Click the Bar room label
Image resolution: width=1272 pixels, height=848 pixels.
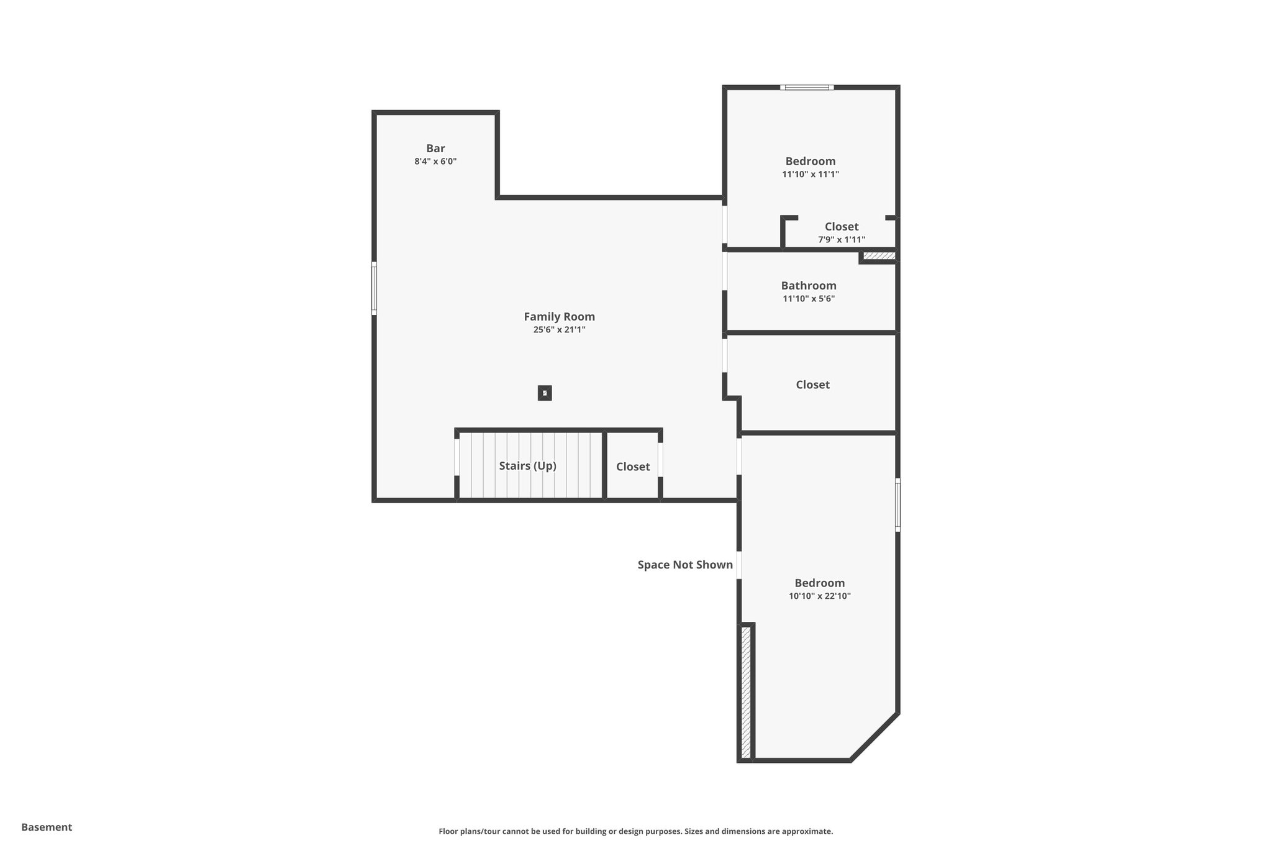coord(435,148)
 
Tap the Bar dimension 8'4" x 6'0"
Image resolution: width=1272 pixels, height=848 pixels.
coord(435,162)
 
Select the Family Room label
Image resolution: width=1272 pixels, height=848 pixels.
coord(559,317)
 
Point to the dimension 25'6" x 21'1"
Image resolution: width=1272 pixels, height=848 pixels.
coord(559,330)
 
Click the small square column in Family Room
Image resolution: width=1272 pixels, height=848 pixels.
coord(545,393)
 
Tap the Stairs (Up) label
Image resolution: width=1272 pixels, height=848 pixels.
coord(527,466)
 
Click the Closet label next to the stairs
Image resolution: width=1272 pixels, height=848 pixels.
coord(633,467)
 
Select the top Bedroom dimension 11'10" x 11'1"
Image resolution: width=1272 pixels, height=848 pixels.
coord(810,175)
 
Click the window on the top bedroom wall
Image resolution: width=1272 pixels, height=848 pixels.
coord(807,88)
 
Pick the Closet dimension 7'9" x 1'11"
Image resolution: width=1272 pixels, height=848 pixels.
coord(841,240)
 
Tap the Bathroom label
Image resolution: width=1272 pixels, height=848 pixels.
coord(809,286)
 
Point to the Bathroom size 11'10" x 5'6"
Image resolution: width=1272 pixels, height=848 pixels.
coord(809,299)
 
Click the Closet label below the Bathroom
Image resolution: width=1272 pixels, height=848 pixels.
coord(812,385)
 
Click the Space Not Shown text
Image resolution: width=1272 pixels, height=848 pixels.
coord(685,565)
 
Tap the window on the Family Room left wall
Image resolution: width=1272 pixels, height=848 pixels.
coord(374,288)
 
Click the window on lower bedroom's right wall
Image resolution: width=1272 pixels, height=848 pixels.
coord(897,504)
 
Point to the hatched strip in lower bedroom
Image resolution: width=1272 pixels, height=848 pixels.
coord(746,691)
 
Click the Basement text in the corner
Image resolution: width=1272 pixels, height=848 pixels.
coord(47,827)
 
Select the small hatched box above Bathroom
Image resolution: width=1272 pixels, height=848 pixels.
coord(879,256)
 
